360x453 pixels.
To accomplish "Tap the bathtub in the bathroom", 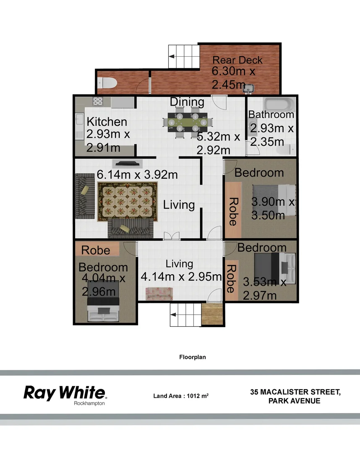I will [279, 103].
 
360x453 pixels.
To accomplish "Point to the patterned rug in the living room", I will [127, 202].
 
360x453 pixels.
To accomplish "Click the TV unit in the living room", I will [126, 164].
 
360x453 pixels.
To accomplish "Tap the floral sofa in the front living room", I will [159, 293].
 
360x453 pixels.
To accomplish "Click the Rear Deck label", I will [237, 60].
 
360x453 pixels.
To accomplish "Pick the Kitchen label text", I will [107, 122].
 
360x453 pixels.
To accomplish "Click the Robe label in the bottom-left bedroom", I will [96, 250].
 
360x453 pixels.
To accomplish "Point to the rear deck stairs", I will [183, 55].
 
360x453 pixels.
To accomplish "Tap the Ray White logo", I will [65, 393].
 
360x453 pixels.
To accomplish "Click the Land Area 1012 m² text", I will [181, 396].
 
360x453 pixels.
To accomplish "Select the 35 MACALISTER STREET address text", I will [295, 392].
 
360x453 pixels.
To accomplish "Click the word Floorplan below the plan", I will [192, 357].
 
